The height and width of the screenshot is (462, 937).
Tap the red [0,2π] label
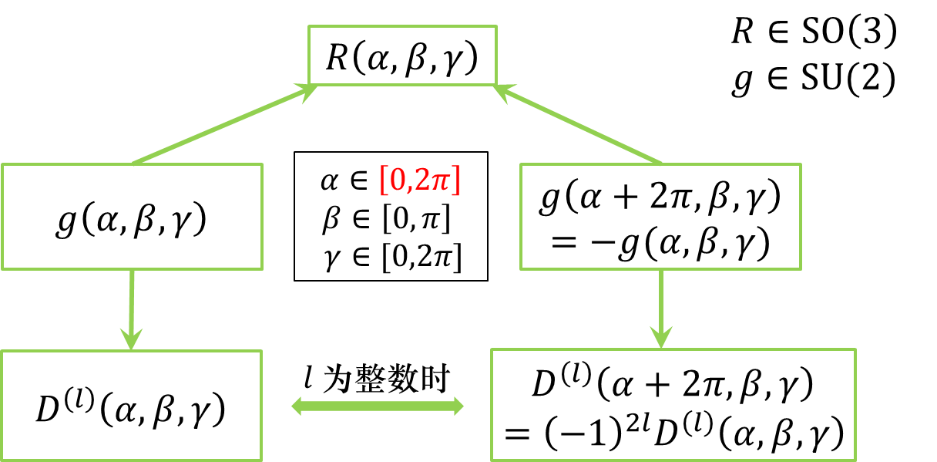(x=419, y=180)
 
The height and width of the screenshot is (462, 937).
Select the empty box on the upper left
(x=132, y=216)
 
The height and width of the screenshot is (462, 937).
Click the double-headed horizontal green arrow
(x=377, y=406)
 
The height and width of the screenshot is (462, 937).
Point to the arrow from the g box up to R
(x=578, y=125)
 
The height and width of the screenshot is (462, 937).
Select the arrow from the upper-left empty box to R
(x=223, y=126)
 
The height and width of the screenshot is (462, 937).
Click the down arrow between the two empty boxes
(x=133, y=309)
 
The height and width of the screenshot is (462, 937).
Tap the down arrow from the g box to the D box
(x=660, y=309)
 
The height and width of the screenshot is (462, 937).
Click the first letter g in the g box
(x=548, y=203)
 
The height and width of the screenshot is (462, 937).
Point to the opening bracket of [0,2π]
(x=383, y=180)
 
